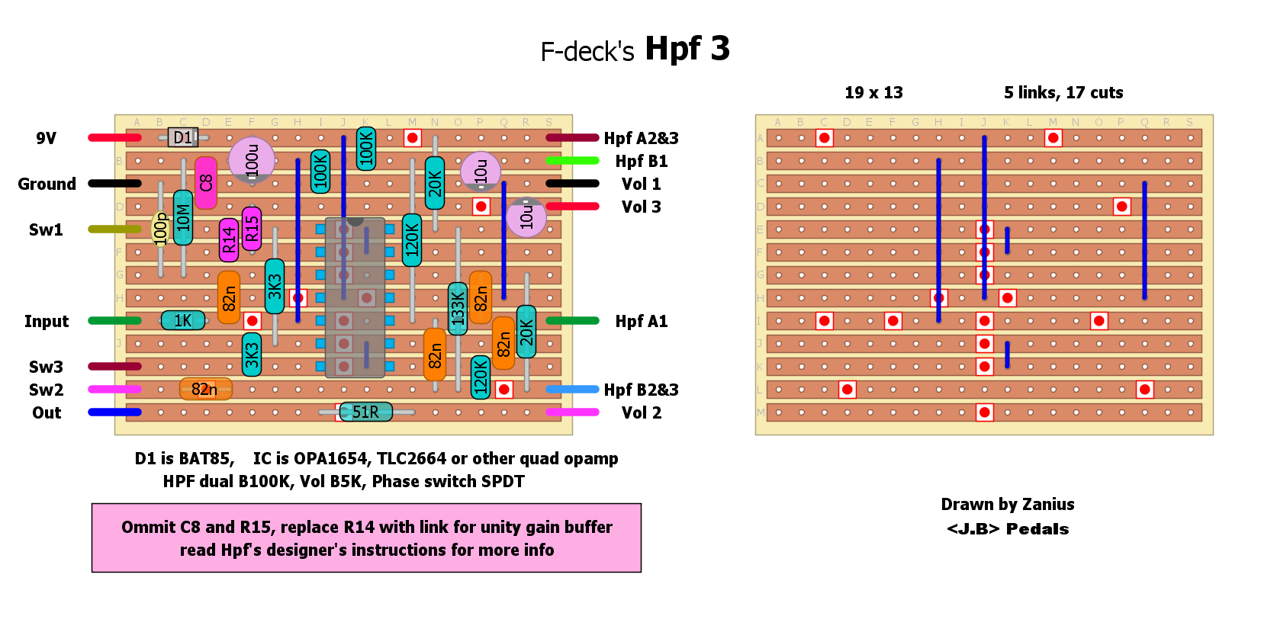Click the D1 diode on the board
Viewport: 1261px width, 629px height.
click(x=183, y=137)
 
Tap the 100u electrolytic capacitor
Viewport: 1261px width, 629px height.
click(x=252, y=159)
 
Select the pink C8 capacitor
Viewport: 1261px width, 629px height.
click(x=205, y=183)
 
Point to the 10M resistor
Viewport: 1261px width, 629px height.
click(x=183, y=217)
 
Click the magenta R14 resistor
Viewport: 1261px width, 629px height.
click(x=229, y=240)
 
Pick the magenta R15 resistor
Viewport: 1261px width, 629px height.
click(x=252, y=228)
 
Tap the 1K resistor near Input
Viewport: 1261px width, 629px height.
click(x=183, y=320)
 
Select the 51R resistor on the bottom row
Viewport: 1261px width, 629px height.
click(x=365, y=412)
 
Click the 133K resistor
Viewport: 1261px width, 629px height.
click(x=458, y=309)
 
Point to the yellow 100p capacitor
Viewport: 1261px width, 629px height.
click(x=160, y=229)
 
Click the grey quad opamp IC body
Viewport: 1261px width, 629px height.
click(x=355, y=297)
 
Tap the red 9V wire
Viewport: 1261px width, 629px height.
click(x=114, y=137)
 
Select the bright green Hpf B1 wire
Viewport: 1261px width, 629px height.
click(x=572, y=160)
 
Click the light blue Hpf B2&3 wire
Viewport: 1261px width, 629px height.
click(x=572, y=389)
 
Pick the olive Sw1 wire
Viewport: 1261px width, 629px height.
click(x=114, y=229)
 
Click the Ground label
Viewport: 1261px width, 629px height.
click(x=47, y=184)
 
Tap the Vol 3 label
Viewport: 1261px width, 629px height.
click(x=641, y=207)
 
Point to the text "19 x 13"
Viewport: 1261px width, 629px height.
click(x=873, y=93)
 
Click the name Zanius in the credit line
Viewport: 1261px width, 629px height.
click(x=1047, y=504)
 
